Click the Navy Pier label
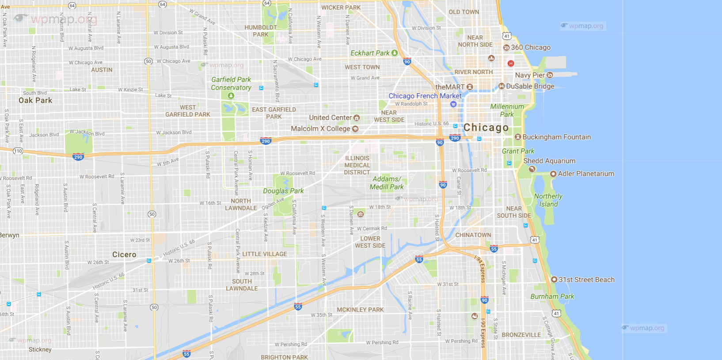[529, 75]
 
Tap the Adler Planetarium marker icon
[553, 174]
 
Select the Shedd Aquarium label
[549, 161]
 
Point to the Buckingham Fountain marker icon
[518, 137]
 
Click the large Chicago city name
[486, 128]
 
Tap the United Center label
[330, 117]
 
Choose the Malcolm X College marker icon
[355, 129]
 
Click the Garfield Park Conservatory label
[231, 83]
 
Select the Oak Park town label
[35, 100]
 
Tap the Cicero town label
[124, 254]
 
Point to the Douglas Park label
[283, 191]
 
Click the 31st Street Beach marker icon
[554, 280]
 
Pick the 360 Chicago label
[531, 47]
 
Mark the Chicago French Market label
[425, 96]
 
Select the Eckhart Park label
[370, 53]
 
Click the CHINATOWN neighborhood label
[473, 235]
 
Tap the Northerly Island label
[548, 200]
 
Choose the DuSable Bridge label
[530, 86]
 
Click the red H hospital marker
[511, 64]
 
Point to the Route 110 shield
[18, 151]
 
